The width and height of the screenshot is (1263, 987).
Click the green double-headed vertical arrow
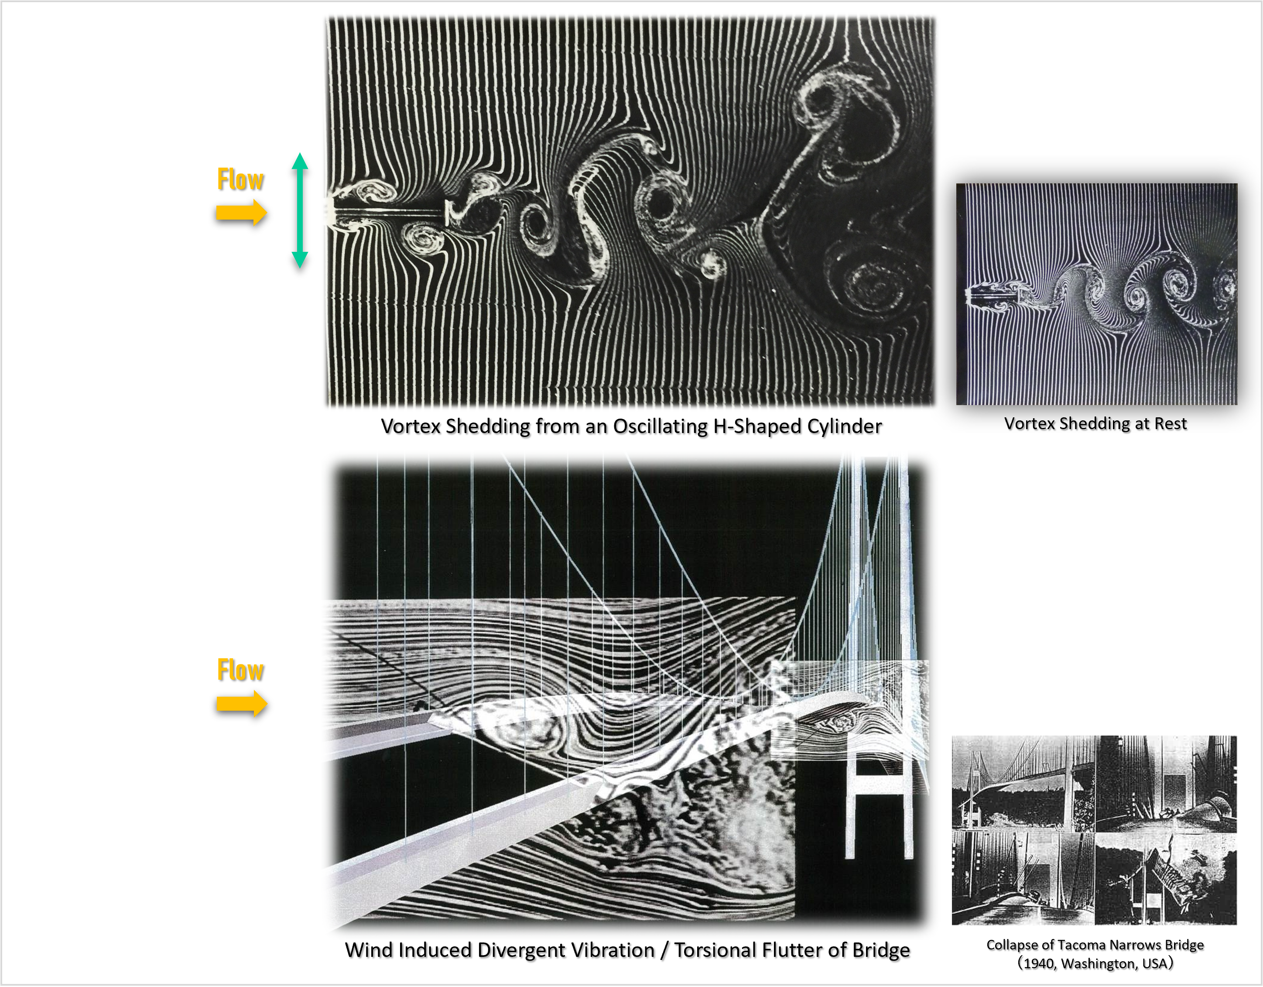click(300, 210)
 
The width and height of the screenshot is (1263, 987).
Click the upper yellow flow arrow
click(242, 213)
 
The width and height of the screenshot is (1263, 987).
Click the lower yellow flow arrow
click(242, 704)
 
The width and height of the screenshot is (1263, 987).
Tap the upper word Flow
click(240, 179)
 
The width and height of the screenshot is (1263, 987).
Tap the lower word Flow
click(240, 670)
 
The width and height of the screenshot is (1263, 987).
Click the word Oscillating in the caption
click(658, 426)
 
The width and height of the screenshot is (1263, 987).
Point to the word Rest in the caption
click(1171, 423)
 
